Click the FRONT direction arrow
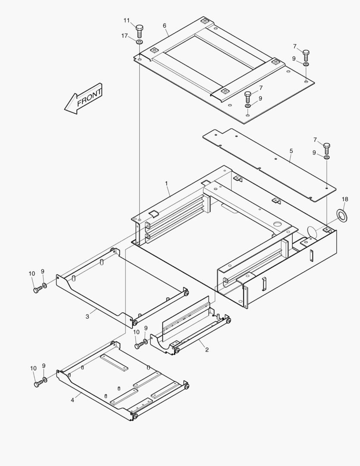[x=83, y=99]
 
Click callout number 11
[x=127, y=20]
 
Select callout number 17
[x=125, y=36]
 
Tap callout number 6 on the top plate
[x=165, y=25]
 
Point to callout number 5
[x=291, y=151]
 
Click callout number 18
[x=344, y=199]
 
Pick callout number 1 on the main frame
[x=166, y=183]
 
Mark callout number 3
[x=87, y=316]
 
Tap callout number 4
[x=72, y=400]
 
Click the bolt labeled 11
[x=140, y=31]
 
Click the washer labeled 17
[x=139, y=42]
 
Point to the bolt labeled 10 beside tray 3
[x=37, y=289]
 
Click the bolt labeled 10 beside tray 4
[x=37, y=384]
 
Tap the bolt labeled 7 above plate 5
[x=326, y=149]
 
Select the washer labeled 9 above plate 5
[x=327, y=158]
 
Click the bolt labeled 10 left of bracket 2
[x=138, y=345]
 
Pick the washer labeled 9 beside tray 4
[x=45, y=380]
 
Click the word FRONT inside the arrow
[x=89, y=97]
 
